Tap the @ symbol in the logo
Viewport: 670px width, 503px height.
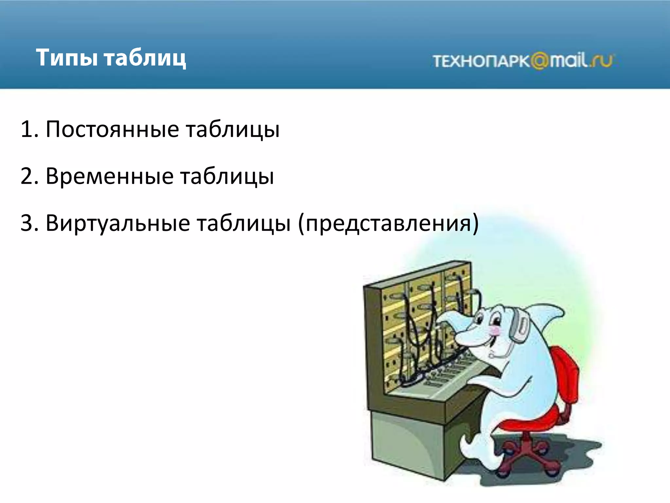pos(539,61)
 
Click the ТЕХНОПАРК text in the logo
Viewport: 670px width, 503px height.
pos(481,61)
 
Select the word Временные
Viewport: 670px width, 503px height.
pos(109,176)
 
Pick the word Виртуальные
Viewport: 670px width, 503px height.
pos(118,223)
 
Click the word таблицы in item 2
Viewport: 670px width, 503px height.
pos(227,176)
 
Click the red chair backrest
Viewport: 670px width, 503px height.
pos(566,373)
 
